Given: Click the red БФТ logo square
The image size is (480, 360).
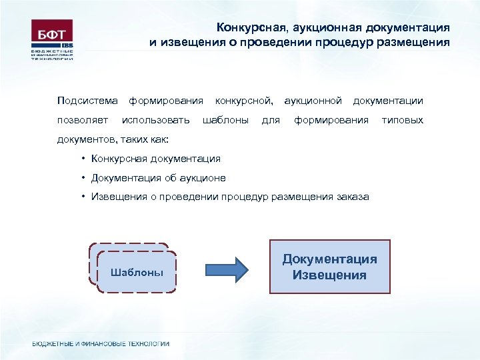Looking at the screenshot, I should click(52, 32).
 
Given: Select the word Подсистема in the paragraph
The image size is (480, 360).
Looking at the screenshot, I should click(87, 101).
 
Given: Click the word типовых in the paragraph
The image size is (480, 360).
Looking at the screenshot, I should click(402, 120).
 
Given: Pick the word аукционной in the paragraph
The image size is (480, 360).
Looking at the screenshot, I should click(313, 101).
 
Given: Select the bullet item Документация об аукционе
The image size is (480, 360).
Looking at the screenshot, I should click(159, 178).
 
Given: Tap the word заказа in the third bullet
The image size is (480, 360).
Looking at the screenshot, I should click(352, 197).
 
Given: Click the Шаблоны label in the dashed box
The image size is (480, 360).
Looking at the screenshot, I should click(136, 273).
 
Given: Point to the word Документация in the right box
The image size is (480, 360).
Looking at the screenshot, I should click(329, 259).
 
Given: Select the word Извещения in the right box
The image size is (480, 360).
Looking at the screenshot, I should click(329, 275).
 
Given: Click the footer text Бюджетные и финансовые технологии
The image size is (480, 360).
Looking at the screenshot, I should click(101, 344).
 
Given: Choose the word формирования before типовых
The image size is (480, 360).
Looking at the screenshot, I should click(331, 120).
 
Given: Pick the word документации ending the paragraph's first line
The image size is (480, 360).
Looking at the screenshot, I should click(388, 101).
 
